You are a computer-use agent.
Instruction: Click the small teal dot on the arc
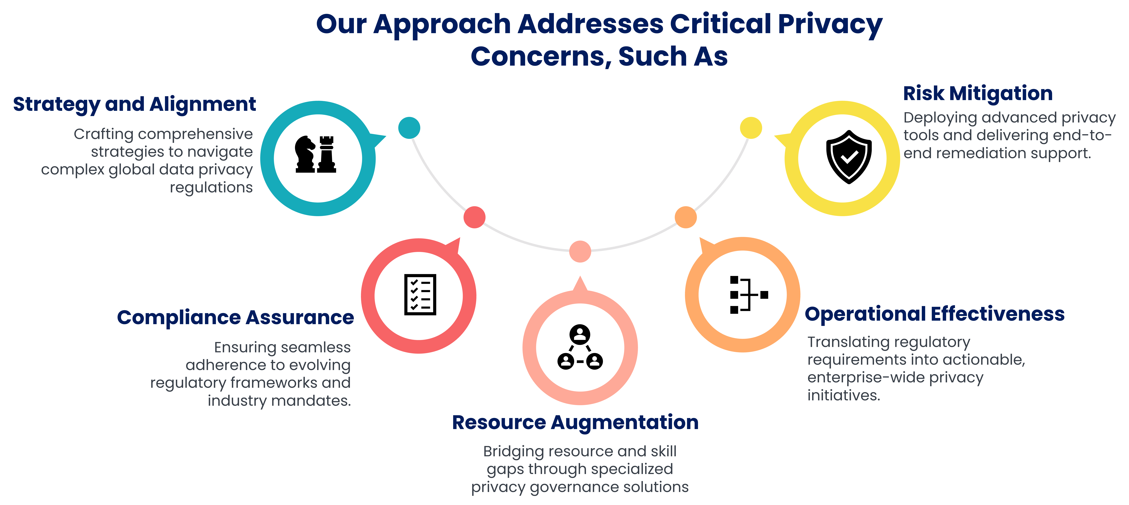(x=409, y=128)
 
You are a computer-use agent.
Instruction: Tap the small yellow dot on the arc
(x=751, y=128)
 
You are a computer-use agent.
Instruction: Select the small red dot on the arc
(x=474, y=217)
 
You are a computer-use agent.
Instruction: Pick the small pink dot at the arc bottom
(x=580, y=251)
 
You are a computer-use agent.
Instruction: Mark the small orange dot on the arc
(x=685, y=217)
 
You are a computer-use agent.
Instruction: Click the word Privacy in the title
(x=830, y=25)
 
